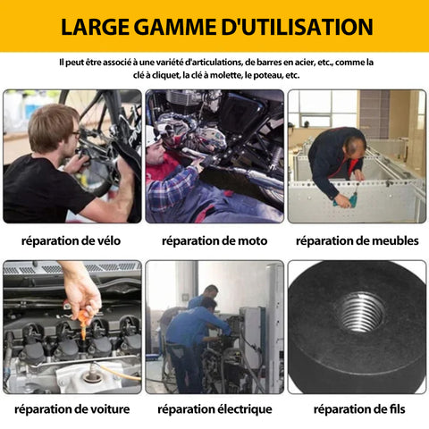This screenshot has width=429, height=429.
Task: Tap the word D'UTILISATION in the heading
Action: click(297, 27)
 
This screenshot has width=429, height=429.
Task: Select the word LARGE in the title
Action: click(96, 27)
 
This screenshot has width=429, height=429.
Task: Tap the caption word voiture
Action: click(110, 409)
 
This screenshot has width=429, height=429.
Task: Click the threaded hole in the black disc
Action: click(359, 312)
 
